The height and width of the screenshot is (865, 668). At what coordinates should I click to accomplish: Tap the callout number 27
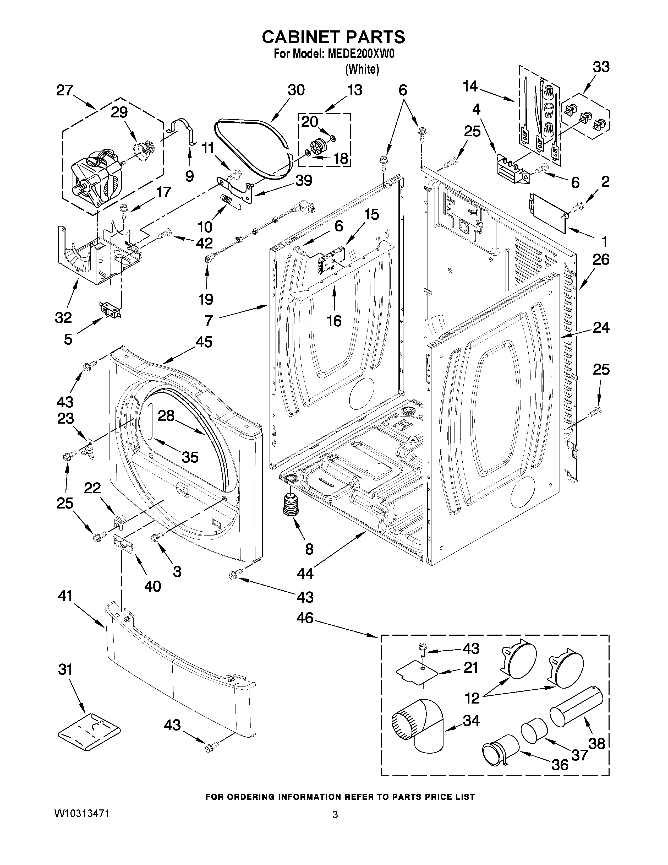tap(64, 90)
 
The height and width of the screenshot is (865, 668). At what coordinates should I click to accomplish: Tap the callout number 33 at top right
tap(601, 67)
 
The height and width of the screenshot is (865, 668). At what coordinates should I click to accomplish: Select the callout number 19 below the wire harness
tap(206, 299)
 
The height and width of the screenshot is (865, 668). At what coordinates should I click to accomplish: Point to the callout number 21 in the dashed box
tap(470, 668)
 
